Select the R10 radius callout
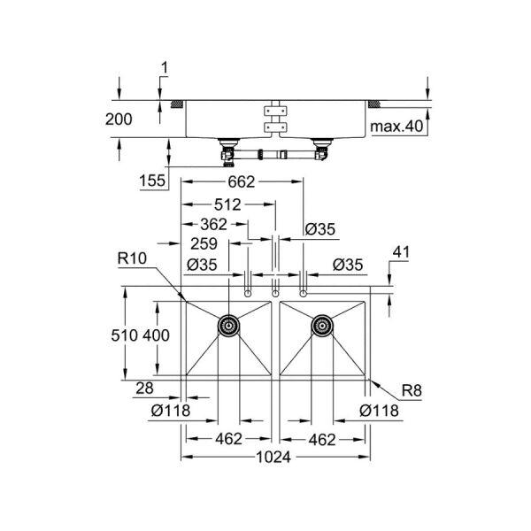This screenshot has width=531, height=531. coord(131,258)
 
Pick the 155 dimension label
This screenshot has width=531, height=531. coord(153,181)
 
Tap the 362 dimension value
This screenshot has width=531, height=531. coord(214,225)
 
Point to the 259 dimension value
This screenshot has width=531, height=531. coord(203,244)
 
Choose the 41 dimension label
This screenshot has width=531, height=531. coord(401,253)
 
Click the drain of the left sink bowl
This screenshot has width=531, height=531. coord(228,326)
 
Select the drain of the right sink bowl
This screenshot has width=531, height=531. coord(322,326)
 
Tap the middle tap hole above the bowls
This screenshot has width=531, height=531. coord(275,292)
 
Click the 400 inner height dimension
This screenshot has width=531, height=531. coord(157,335)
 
